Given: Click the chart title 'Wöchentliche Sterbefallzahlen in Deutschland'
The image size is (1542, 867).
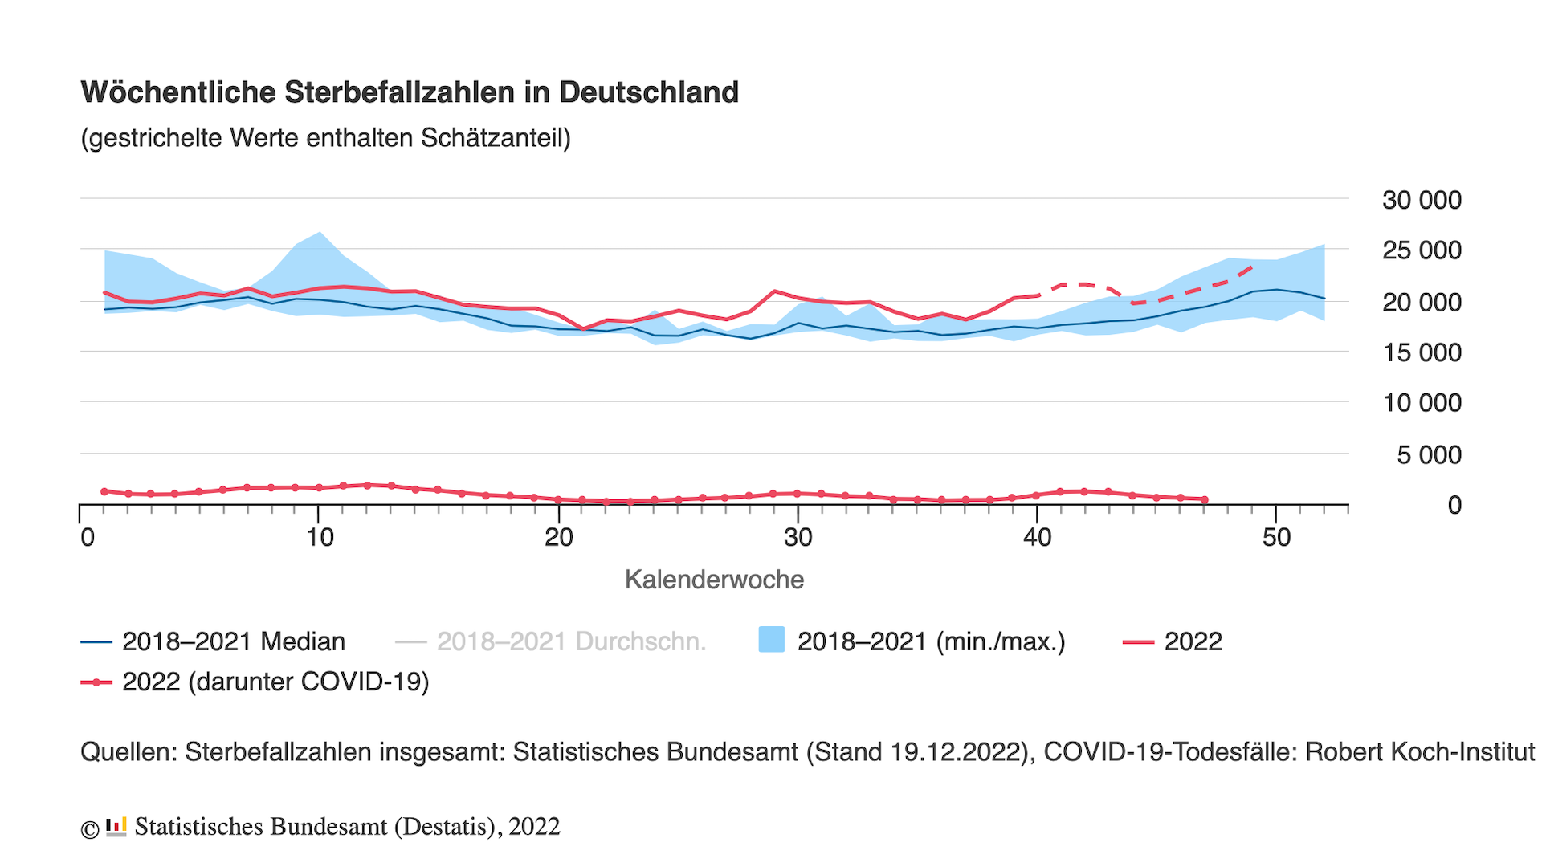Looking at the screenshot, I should point(410,92).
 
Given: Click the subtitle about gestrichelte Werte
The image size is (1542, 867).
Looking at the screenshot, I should point(325,138).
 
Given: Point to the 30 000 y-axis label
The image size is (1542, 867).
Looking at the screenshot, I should point(1421,200).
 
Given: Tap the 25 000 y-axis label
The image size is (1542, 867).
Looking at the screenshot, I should point(1421,250).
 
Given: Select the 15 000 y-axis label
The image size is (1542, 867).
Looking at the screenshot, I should point(1421,352).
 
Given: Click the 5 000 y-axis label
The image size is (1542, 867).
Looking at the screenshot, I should point(1429,455).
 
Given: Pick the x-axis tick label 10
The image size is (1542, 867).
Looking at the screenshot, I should point(320,537).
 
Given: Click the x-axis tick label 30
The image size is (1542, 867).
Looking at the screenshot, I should point(798,537).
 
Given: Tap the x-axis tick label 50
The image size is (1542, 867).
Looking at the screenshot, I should point(1276,537).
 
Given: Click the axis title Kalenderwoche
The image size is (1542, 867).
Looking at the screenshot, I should point(714,580).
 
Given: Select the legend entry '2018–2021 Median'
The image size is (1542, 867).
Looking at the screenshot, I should point(233,641).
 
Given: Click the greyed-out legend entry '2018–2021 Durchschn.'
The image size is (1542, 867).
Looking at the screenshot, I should point(571,641).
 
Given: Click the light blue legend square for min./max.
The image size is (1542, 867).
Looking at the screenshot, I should point(772,640).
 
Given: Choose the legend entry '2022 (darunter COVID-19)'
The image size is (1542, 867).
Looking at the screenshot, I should point(275,682).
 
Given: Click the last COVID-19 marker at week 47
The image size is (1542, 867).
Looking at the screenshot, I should point(1205,499).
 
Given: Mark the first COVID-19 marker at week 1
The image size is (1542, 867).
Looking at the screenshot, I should point(104,491).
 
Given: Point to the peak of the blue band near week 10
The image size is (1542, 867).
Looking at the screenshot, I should point(320,233).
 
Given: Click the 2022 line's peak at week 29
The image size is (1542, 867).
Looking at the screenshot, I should point(774,291).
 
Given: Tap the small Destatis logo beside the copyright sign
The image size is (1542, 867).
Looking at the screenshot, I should point(116,827).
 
